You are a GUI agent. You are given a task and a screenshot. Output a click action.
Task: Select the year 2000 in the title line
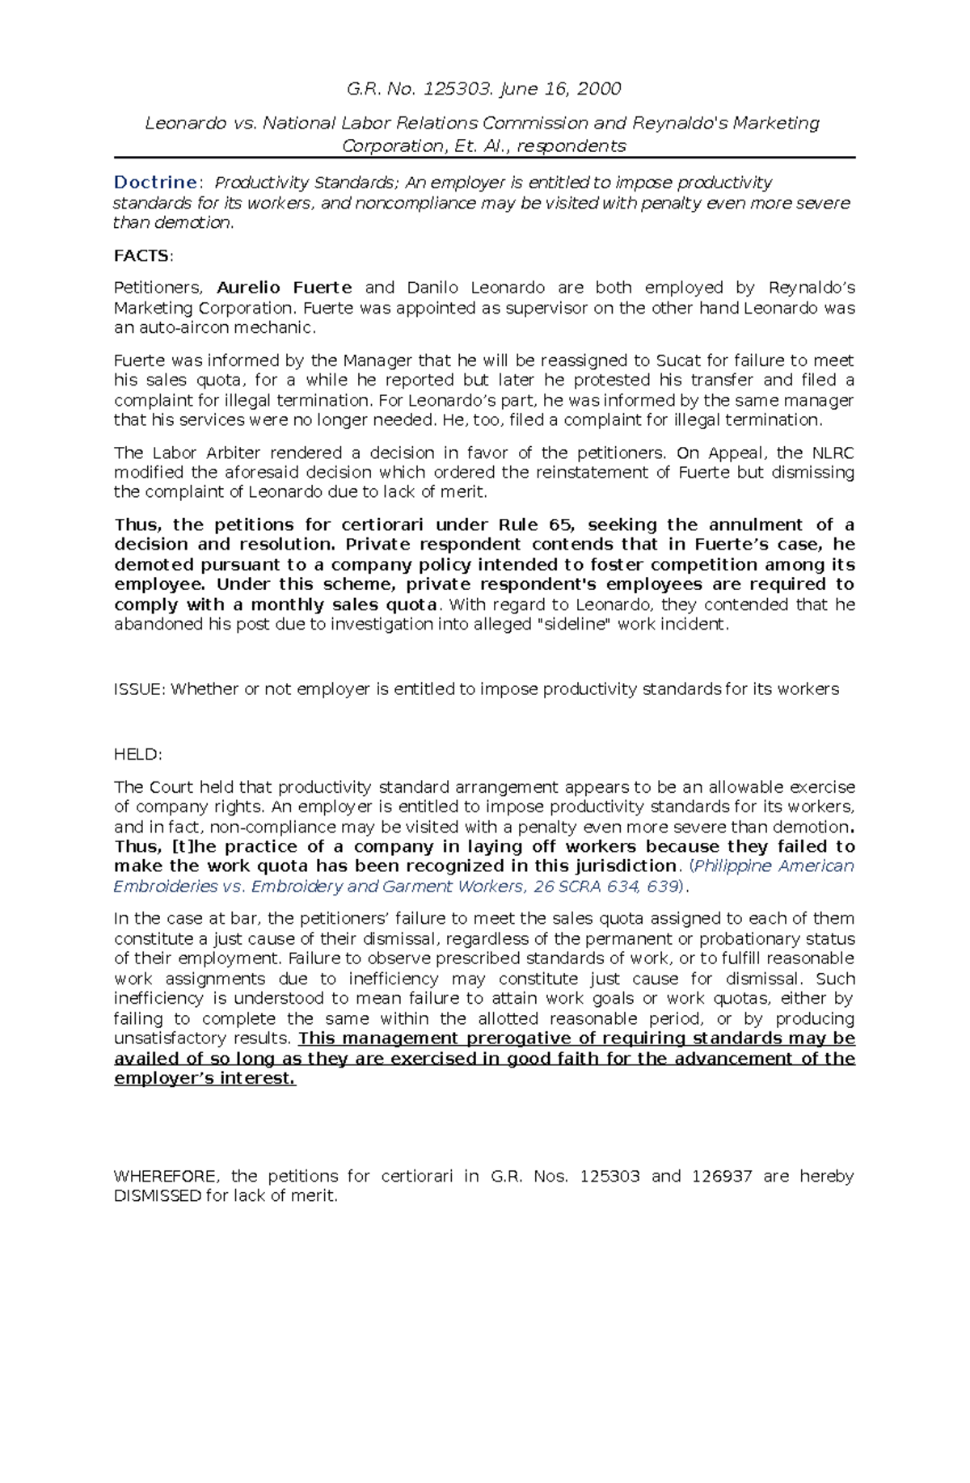coord(599,89)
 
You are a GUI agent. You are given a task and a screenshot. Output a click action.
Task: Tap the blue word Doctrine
coord(155,183)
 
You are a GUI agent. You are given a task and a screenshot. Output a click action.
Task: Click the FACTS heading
coord(142,256)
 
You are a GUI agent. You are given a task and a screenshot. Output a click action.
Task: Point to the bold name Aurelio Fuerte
coord(285,289)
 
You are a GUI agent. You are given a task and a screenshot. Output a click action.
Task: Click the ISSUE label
coord(140,689)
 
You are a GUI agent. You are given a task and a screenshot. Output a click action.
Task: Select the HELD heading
coord(137,755)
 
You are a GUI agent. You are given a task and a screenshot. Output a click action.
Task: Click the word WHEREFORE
coord(166,1177)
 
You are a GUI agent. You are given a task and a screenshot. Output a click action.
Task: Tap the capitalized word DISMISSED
coord(158,1196)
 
